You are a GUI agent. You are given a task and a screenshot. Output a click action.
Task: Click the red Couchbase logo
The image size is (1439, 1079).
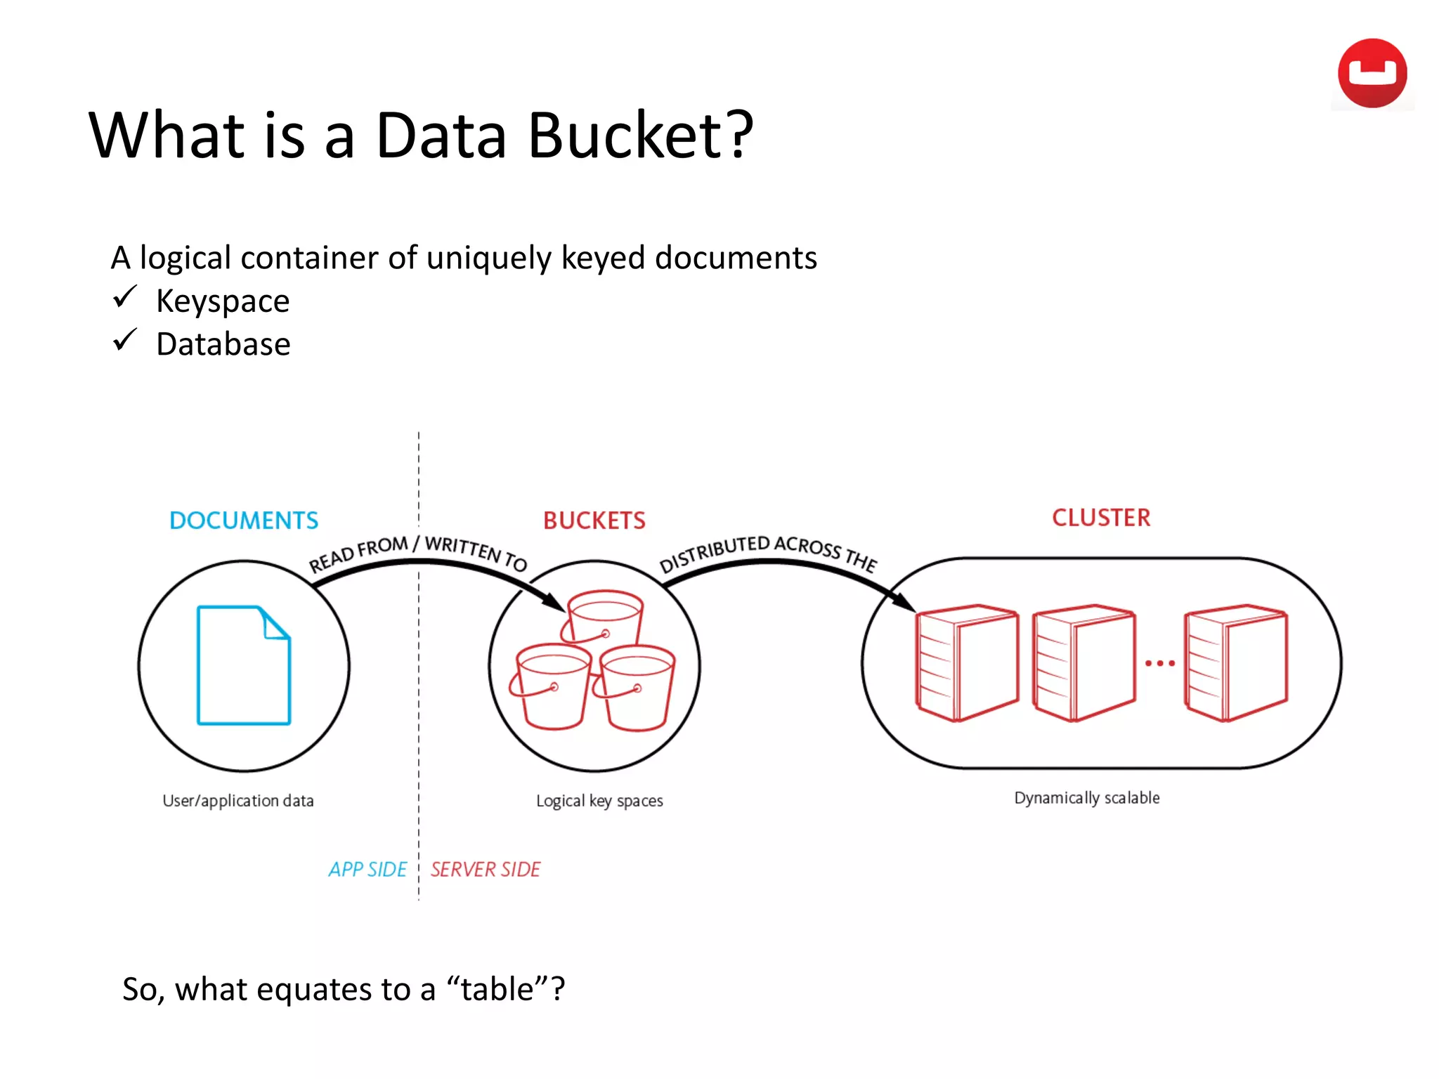pos(1372,74)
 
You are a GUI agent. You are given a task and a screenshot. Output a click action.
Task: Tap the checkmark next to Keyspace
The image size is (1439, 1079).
pos(124,297)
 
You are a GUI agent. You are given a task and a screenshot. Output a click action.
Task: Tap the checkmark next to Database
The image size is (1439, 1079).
pos(124,340)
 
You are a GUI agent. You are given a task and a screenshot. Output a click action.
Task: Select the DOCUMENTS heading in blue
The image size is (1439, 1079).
pos(244,521)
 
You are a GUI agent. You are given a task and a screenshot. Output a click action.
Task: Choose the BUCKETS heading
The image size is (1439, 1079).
pos(594,521)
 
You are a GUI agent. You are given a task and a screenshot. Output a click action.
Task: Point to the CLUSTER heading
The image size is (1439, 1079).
pos(1100,518)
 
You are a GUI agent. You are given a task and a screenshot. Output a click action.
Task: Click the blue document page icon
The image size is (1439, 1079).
pos(243,665)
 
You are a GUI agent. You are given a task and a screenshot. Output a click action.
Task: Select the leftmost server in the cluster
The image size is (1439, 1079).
pos(966,662)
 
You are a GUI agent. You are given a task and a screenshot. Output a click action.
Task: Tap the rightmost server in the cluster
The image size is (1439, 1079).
pos(1235,662)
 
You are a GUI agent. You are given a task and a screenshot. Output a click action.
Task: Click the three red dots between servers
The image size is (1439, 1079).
pos(1159,663)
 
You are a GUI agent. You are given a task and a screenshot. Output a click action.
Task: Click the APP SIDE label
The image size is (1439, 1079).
pos(367,870)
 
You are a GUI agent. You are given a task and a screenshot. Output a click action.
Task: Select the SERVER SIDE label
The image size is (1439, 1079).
pos(486,870)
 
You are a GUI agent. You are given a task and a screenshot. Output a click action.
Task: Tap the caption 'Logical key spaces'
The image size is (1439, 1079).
pos(599,801)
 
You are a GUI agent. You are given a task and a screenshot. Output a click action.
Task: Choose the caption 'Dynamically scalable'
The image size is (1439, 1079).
pos(1086,798)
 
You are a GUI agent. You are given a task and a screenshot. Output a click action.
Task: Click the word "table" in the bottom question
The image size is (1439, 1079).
pos(497,990)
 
